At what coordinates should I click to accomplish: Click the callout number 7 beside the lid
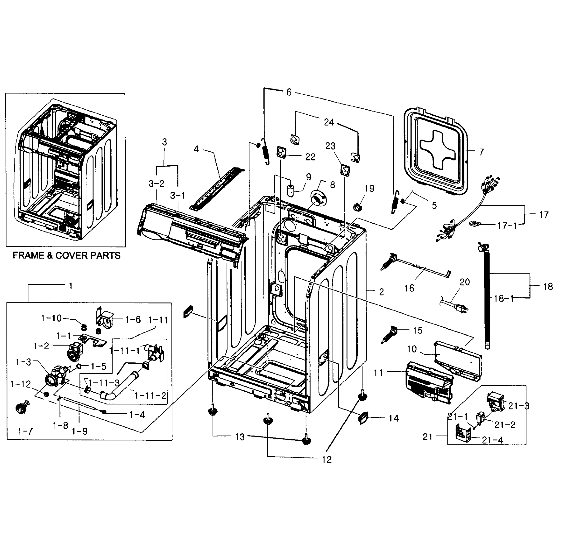click(481, 152)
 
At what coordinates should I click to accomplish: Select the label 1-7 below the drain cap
click(25, 431)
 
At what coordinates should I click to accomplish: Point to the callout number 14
click(394, 418)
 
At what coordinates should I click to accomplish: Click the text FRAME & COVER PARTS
click(67, 256)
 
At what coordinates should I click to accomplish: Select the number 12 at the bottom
click(327, 460)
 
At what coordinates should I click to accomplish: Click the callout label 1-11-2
click(150, 395)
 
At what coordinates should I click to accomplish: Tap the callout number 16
click(409, 288)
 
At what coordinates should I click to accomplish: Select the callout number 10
click(412, 349)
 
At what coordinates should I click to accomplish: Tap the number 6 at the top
click(289, 92)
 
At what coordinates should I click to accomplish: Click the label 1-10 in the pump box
click(51, 318)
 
